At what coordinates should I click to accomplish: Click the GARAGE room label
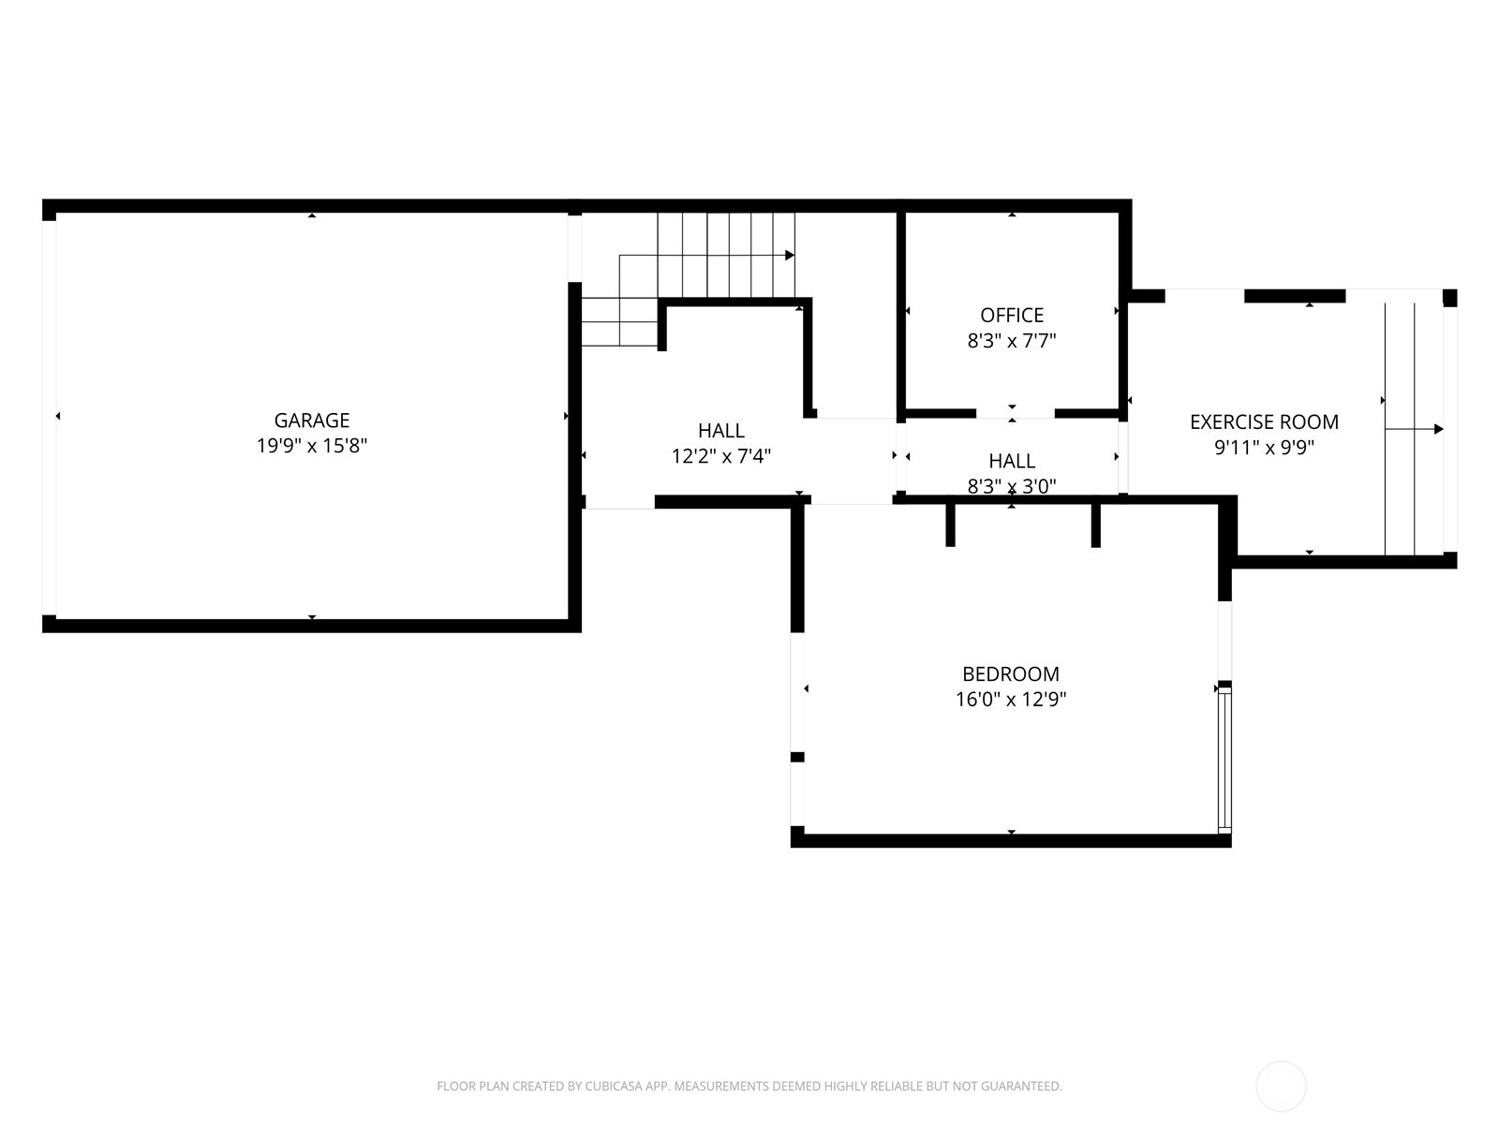311,421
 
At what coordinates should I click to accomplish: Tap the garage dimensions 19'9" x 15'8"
311,446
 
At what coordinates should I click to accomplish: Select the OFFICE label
1012,316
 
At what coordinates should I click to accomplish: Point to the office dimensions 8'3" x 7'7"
1012,341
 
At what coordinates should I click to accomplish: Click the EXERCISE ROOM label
1264,422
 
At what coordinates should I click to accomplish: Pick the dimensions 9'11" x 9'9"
1264,448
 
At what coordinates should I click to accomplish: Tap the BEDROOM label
1011,674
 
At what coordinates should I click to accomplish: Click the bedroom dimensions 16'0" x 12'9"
1011,700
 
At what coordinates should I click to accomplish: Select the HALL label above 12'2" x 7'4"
720,431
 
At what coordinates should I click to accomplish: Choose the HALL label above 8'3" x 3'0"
1012,461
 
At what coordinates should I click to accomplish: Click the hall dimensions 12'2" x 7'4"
720,457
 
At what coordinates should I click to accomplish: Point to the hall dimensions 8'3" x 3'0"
1012,486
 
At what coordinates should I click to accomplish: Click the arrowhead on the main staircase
790,255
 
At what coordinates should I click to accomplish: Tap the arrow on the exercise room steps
1437,429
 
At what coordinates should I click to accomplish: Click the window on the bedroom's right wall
1224,759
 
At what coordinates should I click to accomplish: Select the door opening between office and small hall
1015,413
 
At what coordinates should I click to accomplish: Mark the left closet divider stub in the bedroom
950,525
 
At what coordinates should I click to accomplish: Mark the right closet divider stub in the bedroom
1095,525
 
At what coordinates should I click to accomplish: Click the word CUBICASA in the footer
615,1087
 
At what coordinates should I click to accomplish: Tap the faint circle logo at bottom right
1281,1087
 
